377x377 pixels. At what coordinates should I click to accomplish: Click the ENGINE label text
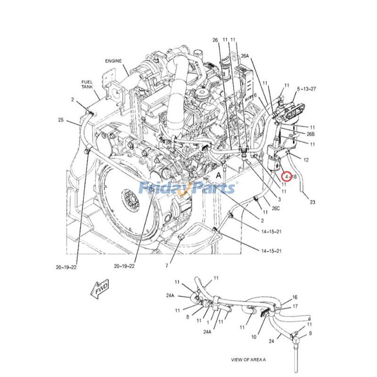[113, 61]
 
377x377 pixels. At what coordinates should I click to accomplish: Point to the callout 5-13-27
[306, 89]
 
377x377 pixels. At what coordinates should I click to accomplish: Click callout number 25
[61, 120]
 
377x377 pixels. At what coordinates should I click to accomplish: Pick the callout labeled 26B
[310, 134]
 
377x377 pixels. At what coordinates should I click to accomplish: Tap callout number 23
[312, 203]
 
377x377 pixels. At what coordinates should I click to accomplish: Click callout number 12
[306, 160]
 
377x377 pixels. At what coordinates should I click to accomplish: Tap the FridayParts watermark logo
[187, 188]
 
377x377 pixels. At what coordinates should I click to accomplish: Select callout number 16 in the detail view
[295, 297]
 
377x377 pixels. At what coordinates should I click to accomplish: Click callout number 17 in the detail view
[295, 306]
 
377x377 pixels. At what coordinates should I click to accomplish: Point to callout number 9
[310, 333]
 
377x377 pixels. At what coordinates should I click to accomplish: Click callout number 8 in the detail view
[187, 317]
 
